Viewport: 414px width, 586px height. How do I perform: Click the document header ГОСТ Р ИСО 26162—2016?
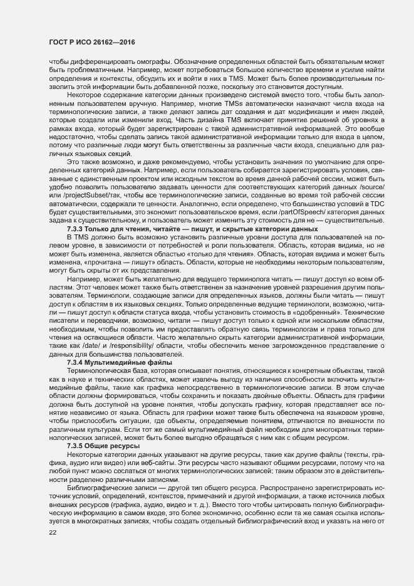coord(92,41)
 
